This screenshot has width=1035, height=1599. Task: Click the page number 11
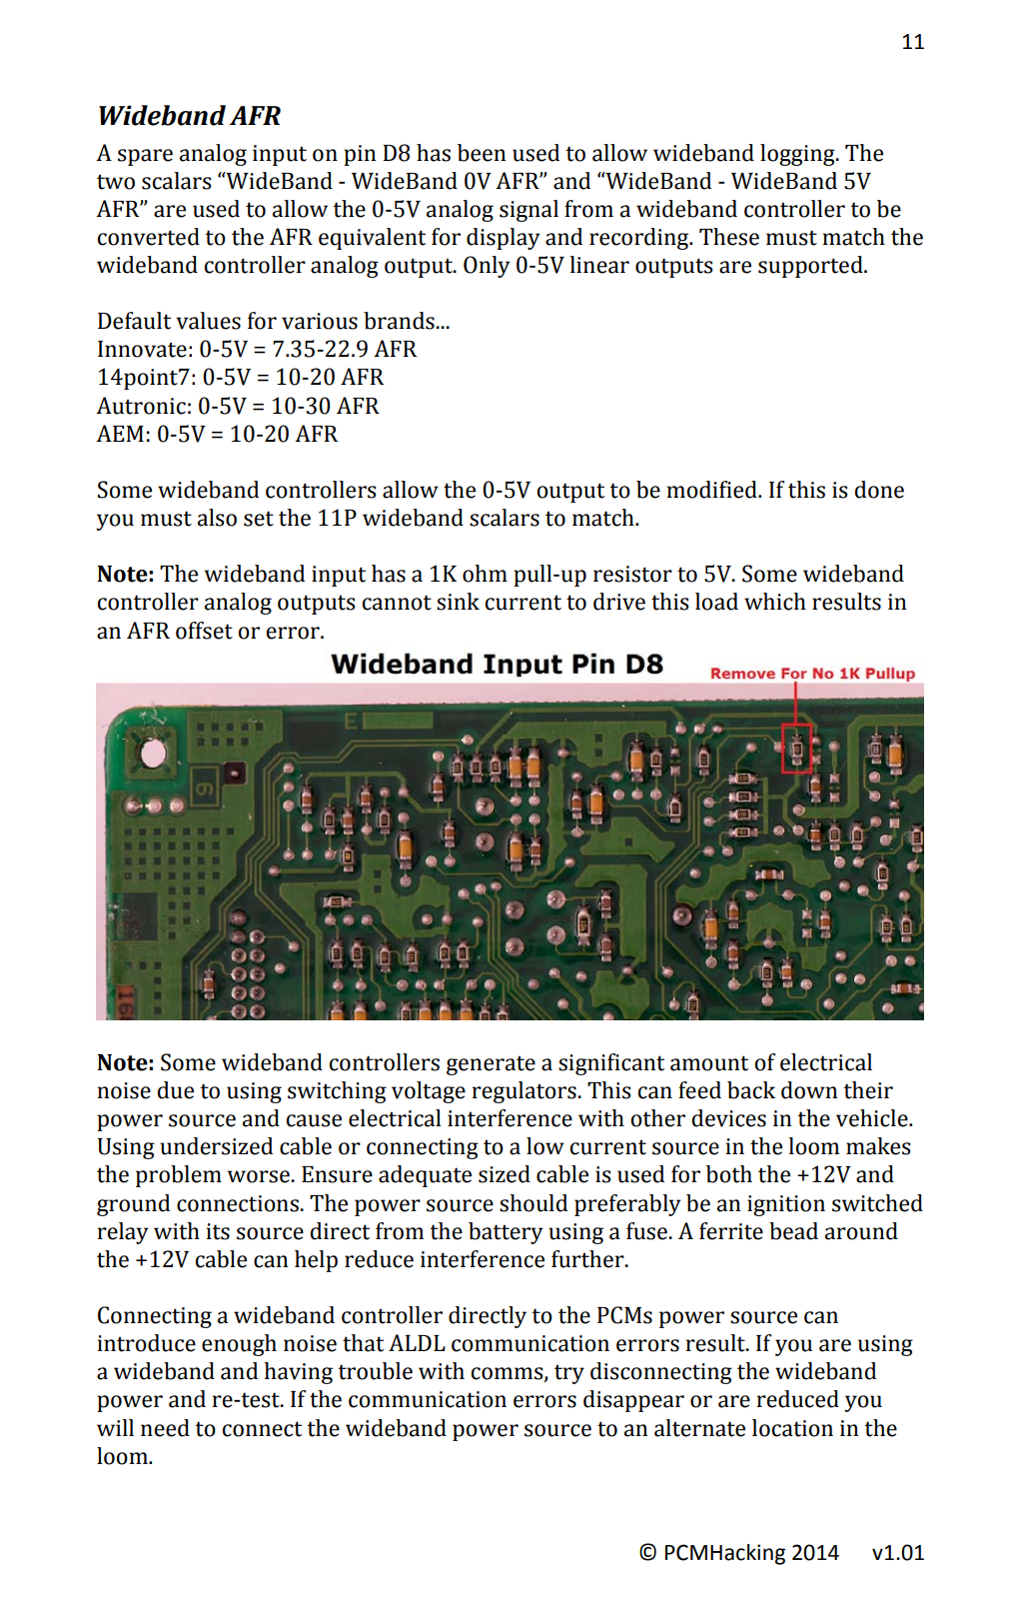913,42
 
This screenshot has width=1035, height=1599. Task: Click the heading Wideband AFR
189,116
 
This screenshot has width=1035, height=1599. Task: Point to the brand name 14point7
146,378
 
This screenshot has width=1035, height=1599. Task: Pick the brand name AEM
122,434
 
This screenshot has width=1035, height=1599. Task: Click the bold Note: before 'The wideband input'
126,575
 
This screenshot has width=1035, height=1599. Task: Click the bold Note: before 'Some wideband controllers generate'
126,1063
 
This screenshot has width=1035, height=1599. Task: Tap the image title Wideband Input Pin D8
497,665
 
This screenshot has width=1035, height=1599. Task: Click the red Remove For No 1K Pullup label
812,674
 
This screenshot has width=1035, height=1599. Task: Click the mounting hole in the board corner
154,754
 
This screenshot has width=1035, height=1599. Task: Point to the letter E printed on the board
351,722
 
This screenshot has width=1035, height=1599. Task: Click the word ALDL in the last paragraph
417,1344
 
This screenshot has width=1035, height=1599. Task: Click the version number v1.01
898,1553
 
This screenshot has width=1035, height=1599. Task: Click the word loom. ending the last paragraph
125,1456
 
